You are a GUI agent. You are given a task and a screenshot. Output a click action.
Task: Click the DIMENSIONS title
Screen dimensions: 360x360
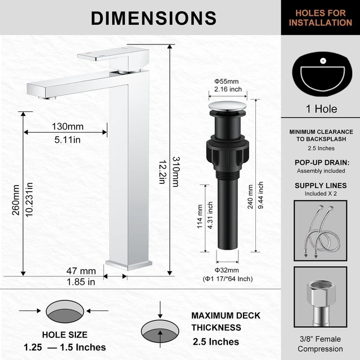click(154, 18)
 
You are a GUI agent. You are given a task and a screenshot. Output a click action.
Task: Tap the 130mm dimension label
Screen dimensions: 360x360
click(67, 127)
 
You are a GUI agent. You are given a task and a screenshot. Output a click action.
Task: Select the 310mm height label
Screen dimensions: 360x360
click(176, 172)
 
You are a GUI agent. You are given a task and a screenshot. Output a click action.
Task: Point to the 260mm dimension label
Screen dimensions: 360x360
click(16, 200)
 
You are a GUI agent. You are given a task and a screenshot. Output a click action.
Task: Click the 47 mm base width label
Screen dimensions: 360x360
click(81, 271)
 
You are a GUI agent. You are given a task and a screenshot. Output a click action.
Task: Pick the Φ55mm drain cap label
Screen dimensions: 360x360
click(226, 81)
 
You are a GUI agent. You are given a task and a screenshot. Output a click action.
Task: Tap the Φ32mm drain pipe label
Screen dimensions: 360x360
click(227, 270)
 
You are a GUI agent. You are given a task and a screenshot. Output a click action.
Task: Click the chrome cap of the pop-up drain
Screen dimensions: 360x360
click(227, 106)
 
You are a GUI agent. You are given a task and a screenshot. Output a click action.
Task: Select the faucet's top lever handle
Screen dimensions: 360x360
click(113, 54)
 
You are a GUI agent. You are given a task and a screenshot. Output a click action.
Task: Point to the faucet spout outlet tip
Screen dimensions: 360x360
click(47, 98)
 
